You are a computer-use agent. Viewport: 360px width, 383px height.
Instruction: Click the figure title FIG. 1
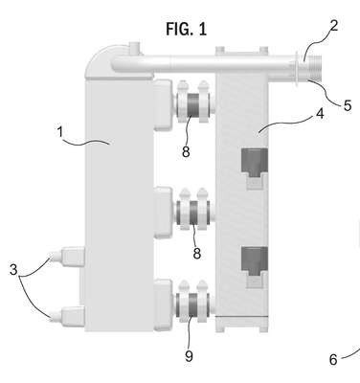(187, 29)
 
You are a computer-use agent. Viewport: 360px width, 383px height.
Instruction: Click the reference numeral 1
(60, 132)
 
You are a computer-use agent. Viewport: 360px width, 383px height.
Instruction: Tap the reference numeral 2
(333, 26)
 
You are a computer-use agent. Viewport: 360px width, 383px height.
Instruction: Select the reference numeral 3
(13, 270)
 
